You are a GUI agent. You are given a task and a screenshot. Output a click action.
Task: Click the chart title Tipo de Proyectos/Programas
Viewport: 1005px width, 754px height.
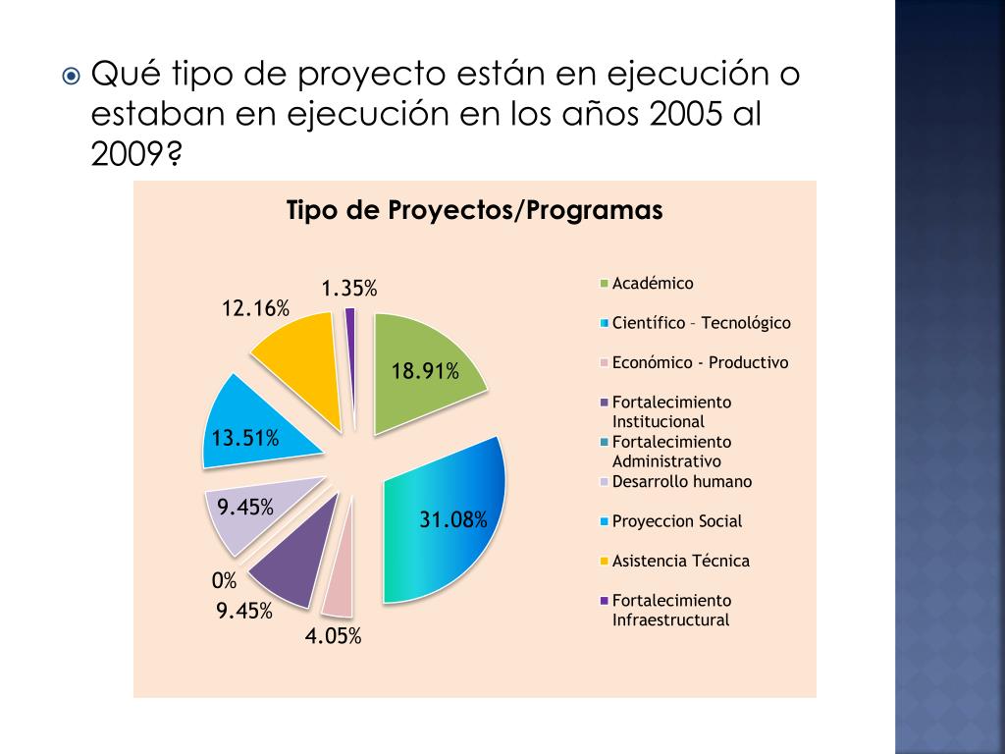(474, 211)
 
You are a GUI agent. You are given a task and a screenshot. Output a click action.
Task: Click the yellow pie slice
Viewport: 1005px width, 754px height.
(299, 353)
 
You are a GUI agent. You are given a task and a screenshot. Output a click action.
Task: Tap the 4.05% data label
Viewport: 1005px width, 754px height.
(333, 636)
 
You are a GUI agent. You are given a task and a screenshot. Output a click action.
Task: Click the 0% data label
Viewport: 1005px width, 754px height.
(225, 581)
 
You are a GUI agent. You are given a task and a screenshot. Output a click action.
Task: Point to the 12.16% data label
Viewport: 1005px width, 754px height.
(255, 308)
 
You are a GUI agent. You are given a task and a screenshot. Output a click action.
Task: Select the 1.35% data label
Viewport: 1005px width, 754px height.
(349, 288)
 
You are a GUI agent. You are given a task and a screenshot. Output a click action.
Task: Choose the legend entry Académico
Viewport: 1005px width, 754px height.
(652, 284)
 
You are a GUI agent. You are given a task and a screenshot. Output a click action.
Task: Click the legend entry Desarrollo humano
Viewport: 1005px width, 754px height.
(681, 481)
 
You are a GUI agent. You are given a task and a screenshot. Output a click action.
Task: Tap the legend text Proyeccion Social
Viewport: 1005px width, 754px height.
(676, 521)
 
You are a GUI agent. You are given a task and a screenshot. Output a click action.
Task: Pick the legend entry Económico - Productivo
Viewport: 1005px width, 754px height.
(700, 362)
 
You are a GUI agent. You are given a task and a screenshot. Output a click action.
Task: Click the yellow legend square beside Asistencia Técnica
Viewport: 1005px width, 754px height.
(605, 562)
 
